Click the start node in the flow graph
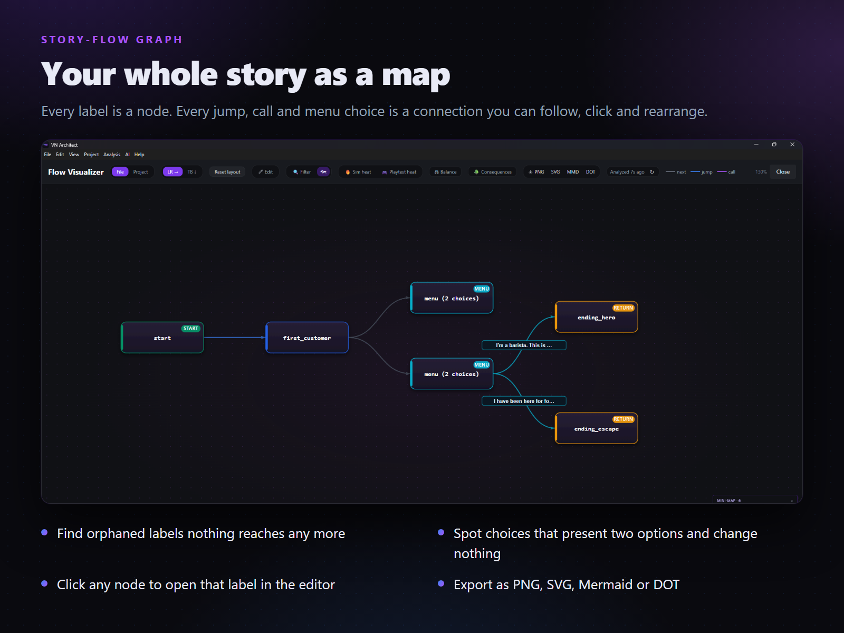[162, 338]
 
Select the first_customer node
[307, 338]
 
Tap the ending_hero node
[597, 316]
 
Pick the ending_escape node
[597, 428]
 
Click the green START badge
[191, 328]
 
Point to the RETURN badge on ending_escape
[623, 419]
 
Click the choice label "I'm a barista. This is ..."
[524, 345]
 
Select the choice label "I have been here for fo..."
[524, 401]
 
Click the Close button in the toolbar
[783, 172]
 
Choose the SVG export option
[555, 172]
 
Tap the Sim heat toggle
[358, 172]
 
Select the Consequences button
[493, 172]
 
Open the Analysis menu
[111, 155]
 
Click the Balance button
[445, 172]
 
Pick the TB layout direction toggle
[192, 172]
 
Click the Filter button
[302, 172]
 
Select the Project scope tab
[140, 172]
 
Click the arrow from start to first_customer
[235, 338]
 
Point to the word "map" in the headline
[416, 75]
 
